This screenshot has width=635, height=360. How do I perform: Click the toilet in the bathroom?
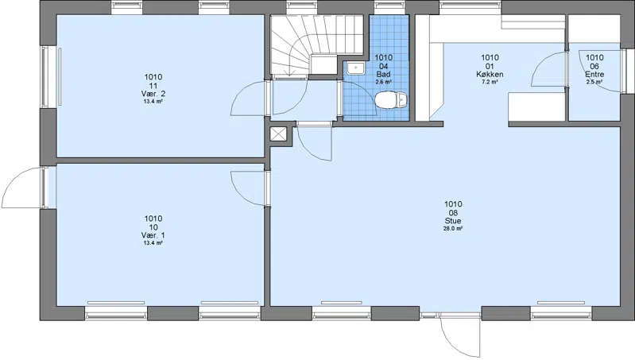click(391, 100)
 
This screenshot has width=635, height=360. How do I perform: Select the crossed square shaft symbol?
click(278, 134)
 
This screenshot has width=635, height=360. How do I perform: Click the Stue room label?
click(453, 221)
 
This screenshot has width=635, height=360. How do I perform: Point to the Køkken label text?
click(490, 75)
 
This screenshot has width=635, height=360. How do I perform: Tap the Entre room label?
click(594, 75)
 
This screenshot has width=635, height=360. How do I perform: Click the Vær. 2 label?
click(153, 94)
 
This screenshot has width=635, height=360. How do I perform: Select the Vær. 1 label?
click(153, 236)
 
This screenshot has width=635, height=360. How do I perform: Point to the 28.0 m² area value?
click(453, 229)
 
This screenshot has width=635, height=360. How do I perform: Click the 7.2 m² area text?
click(490, 82)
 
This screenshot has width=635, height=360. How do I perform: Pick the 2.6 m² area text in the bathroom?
click(383, 82)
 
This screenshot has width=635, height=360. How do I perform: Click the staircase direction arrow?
click(288, 70)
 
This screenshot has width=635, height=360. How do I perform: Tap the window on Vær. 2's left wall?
click(46, 77)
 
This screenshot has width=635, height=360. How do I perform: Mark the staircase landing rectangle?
click(323, 64)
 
